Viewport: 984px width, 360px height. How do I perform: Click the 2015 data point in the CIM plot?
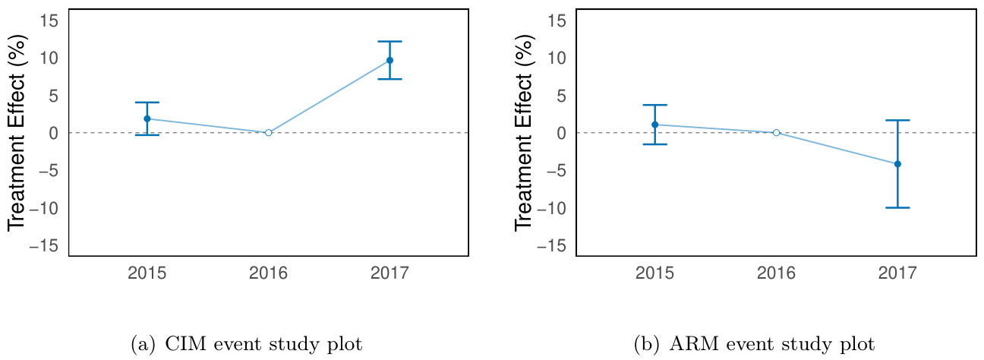147,118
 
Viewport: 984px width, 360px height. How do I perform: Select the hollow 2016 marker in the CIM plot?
268,132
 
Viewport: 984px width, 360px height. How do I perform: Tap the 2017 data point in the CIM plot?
389,60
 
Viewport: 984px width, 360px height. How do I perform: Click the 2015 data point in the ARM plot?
654,125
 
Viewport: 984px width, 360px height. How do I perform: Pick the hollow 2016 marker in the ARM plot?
776,132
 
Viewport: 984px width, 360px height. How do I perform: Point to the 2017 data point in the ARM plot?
897,164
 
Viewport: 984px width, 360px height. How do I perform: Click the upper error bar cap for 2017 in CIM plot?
389,41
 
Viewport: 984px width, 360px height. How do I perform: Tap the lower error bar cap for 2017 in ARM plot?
897,207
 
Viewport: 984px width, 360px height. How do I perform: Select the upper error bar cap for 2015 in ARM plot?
654,105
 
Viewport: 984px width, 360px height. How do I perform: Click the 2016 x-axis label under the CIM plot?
268,273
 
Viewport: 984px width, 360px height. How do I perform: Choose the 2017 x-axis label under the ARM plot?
897,273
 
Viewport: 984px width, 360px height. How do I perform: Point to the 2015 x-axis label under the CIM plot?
147,273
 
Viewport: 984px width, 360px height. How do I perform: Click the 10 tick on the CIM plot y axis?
48,58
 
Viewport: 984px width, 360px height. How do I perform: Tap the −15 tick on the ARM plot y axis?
552,246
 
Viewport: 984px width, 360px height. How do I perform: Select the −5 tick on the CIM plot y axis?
48,171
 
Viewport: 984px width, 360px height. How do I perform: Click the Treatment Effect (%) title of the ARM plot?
523,132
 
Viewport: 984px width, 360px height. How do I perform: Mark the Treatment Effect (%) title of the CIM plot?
17,132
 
